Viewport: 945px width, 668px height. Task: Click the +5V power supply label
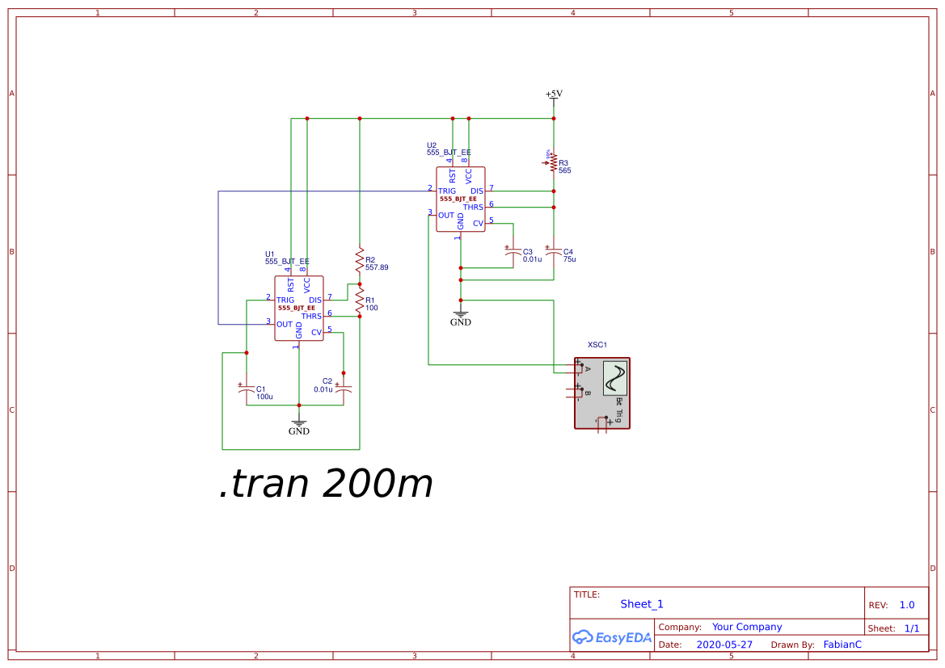554,94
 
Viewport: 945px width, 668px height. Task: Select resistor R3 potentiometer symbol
554,163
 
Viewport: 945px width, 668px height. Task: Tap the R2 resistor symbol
360,260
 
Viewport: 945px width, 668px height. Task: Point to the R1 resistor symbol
360,300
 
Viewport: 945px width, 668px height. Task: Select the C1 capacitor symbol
247,389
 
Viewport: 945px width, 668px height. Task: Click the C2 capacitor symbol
344,389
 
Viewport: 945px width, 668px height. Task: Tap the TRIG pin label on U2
447,191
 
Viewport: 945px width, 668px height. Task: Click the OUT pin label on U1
285,325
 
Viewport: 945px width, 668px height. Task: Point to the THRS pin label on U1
311,317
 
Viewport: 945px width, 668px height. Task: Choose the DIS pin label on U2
477,191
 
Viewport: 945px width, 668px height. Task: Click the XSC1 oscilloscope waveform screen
615,378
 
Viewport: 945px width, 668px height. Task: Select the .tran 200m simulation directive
326,484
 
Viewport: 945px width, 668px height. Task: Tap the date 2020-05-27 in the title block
724,645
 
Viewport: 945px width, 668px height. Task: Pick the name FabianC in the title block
842,645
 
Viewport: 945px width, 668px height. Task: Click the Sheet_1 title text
642,604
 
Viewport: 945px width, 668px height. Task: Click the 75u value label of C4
569,259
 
